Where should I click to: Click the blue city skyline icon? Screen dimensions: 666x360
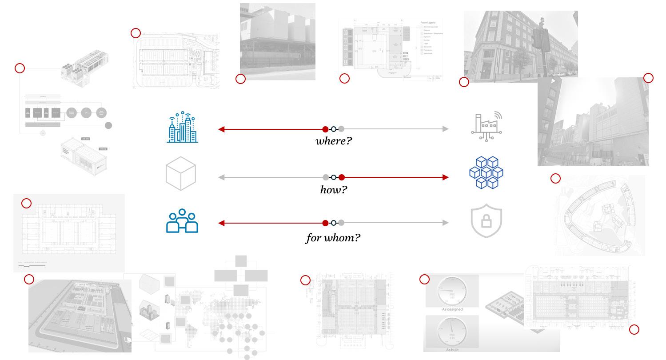[x=183, y=128]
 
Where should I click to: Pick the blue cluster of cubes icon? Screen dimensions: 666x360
[x=487, y=172]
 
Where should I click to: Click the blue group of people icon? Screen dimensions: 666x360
[x=182, y=220]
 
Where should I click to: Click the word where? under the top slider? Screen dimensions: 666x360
[x=334, y=142]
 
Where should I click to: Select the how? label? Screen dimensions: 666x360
[x=334, y=190]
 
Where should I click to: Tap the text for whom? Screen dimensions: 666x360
[x=333, y=238]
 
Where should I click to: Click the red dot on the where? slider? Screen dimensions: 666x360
[x=325, y=129]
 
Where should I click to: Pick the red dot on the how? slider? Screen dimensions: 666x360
[x=342, y=177]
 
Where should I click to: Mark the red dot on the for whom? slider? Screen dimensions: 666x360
[x=325, y=223]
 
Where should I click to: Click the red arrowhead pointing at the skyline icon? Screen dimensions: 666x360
[x=221, y=129]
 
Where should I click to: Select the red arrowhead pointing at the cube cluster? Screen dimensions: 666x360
[x=446, y=177]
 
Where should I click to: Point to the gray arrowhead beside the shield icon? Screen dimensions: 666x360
[x=446, y=223]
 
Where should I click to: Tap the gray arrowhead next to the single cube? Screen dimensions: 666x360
[x=221, y=177]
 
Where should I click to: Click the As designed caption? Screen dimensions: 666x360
[x=452, y=309]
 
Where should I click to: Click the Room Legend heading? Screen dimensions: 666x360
[x=431, y=22]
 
